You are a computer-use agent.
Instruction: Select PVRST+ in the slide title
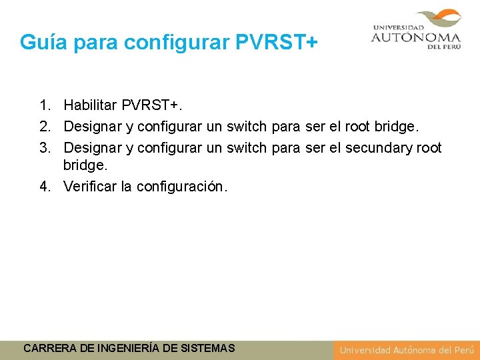[277, 42]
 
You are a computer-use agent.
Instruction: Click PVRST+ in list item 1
[155, 105]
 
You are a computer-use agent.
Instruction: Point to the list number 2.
[44, 127]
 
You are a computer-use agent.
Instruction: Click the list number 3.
[44, 148]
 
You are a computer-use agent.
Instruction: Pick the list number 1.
[44, 105]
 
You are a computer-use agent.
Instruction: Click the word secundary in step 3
[379, 148]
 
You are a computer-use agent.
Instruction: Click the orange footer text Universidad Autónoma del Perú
[407, 350]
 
